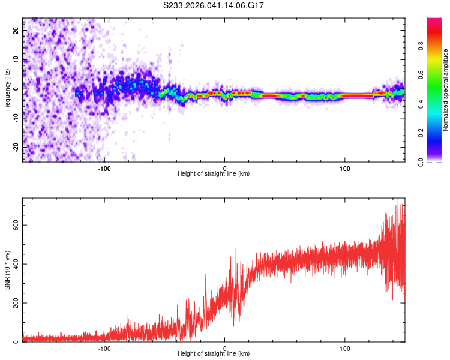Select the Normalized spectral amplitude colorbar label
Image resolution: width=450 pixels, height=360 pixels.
[445, 90]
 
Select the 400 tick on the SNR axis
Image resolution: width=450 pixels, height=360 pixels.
[14, 264]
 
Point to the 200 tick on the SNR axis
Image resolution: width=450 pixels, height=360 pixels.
[14, 303]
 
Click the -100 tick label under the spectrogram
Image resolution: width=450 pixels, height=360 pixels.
[104, 167]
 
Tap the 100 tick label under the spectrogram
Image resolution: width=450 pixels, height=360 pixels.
[345, 167]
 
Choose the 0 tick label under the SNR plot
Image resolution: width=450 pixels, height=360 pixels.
[225, 348]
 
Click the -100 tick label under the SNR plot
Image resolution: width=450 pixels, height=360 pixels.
[104, 348]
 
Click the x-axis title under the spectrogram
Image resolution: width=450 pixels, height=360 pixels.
[214, 174]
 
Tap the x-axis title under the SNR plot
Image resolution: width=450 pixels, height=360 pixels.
[214, 355]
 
